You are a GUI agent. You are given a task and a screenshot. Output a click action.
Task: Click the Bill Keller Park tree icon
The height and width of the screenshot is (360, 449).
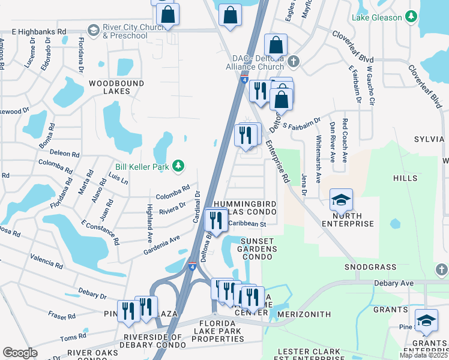[x=178, y=165]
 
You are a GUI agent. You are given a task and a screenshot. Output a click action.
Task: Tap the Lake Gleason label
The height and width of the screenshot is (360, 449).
[x=377, y=17]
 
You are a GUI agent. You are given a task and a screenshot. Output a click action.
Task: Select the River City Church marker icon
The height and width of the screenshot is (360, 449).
[x=93, y=30]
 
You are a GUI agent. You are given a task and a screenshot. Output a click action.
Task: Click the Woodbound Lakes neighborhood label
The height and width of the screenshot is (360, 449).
[x=109, y=87]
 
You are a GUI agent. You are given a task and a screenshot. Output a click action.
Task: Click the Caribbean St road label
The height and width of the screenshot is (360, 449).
[x=247, y=224]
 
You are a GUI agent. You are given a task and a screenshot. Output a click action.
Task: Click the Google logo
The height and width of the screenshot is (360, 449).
[x=20, y=353]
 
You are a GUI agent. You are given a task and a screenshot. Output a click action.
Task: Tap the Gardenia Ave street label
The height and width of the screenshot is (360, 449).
[x=161, y=245]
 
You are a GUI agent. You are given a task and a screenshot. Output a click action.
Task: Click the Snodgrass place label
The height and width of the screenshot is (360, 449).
[x=370, y=266]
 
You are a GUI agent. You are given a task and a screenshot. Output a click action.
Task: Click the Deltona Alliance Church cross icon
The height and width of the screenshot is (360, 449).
[x=294, y=61]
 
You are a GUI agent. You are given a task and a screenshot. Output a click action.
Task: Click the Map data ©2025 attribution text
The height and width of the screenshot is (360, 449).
[x=423, y=355]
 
